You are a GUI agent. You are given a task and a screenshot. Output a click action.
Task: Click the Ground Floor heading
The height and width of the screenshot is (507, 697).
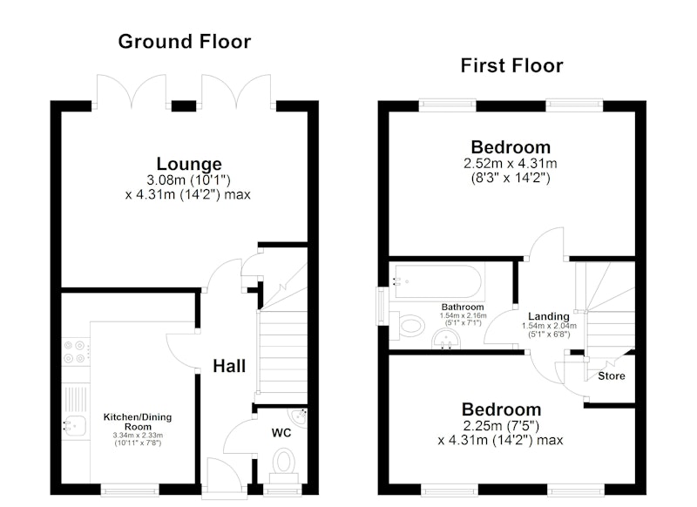pyautogui.click(x=185, y=42)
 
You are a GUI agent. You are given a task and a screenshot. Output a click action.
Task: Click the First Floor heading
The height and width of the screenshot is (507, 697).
pyautogui.click(x=512, y=65)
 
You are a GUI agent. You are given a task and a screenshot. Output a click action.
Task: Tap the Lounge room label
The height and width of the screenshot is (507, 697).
pyautogui.click(x=189, y=164)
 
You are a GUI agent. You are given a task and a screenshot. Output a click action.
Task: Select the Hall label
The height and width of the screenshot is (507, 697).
pyautogui.click(x=229, y=366)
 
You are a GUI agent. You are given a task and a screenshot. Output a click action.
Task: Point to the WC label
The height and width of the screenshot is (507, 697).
pyautogui.click(x=281, y=433)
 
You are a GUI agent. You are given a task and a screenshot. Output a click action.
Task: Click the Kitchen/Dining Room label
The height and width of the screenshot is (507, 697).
pyautogui.click(x=138, y=422)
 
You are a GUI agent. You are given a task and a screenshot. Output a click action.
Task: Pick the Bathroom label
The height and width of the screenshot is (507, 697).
pyautogui.click(x=463, y=307)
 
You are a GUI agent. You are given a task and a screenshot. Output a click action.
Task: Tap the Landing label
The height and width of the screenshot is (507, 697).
pyautogui.click(x=549, y=316)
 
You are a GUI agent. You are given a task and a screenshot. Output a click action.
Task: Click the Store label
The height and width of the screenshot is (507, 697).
pyautogui.click(x=612, y=376)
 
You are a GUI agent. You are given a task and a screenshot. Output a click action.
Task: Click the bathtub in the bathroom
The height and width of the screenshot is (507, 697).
pyautogui.click(x=437, y=281)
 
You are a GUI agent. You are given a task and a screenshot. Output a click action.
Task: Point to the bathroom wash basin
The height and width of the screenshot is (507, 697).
pyautogui.click(x=447, y=340)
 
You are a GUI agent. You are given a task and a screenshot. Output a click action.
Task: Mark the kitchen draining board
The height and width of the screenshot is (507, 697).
pyautogui.click(x=76, y=399)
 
